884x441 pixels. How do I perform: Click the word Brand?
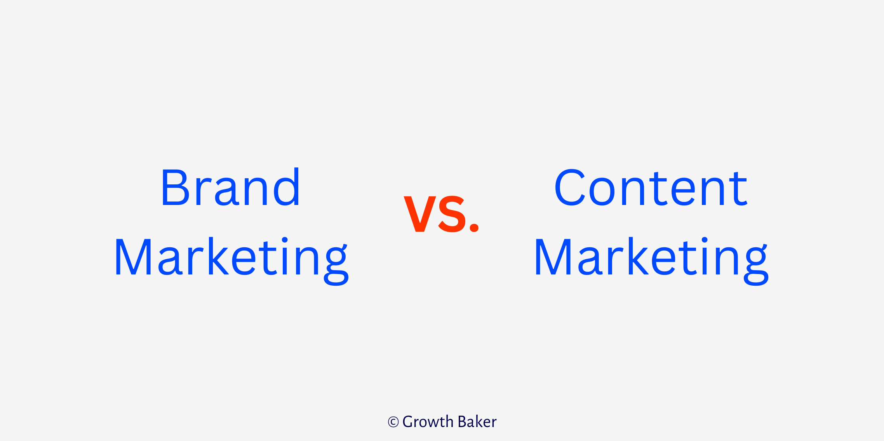click(x=230, y=188)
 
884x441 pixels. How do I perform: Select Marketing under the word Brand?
click(x=231, y=258)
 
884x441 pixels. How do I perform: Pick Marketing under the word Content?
click(x=651, y=258)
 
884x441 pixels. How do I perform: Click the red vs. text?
click(x=441, y=214)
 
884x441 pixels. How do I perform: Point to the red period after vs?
click(x=474, y=227)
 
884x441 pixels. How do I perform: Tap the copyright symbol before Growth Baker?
click(x=393, y=422)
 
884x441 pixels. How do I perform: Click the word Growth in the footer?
click(x=428, y=422)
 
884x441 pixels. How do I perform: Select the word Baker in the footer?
click(x=477, y=422)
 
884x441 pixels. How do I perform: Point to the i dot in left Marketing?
click(x=285, y=240)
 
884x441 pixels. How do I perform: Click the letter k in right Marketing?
click(x=637, y=257)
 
